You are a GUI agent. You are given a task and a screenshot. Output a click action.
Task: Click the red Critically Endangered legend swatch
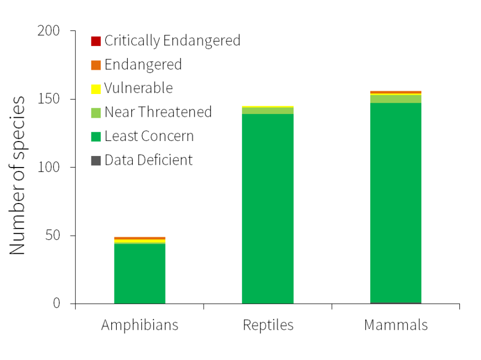[96, 41]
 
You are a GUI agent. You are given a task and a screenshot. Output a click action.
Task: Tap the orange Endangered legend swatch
[96, 65]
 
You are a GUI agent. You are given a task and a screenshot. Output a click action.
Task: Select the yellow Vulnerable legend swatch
[96, 88]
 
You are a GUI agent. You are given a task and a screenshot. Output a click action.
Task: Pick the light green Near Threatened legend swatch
[96, 112]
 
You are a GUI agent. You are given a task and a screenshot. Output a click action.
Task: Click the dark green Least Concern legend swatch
[96, 136]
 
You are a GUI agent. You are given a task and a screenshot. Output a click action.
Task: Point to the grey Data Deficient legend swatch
[96, 160]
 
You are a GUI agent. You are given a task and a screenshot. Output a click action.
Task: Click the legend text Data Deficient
[148, 160]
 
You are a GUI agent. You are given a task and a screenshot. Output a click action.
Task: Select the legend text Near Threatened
[158, 112]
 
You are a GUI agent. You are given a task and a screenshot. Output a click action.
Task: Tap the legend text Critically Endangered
[172, 41]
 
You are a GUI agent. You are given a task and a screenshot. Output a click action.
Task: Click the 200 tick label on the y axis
[49, 32]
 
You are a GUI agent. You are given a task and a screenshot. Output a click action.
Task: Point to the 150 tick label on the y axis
[49, 100]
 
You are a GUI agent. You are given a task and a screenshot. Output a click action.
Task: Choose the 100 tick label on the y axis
[49, 168]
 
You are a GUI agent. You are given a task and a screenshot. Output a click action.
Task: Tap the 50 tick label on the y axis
[53, 236]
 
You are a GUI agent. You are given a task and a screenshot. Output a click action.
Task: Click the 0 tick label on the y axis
[57, 304]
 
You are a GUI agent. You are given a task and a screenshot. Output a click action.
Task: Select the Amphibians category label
[139, 325]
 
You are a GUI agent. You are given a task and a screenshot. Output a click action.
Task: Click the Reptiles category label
[268, 325]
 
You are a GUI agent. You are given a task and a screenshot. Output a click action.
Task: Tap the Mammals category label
[396, 325]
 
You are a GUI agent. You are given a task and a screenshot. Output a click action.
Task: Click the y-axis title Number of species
[18, 175]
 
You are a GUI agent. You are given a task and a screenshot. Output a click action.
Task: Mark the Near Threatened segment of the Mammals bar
[396, 99]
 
